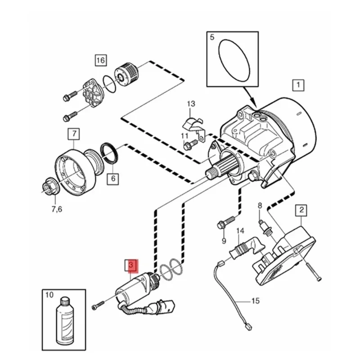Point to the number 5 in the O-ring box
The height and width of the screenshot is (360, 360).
click(x=212, y=37)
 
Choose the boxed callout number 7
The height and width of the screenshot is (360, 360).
click(x=74, y=134)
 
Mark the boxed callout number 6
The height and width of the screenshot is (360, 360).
click(x=113, y=179)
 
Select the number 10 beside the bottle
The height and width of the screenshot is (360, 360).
click(x=49, y=295)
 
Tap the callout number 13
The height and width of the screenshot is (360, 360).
click(x=191, y=104)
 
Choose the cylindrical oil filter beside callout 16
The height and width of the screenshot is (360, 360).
click(x=126, y=72)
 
